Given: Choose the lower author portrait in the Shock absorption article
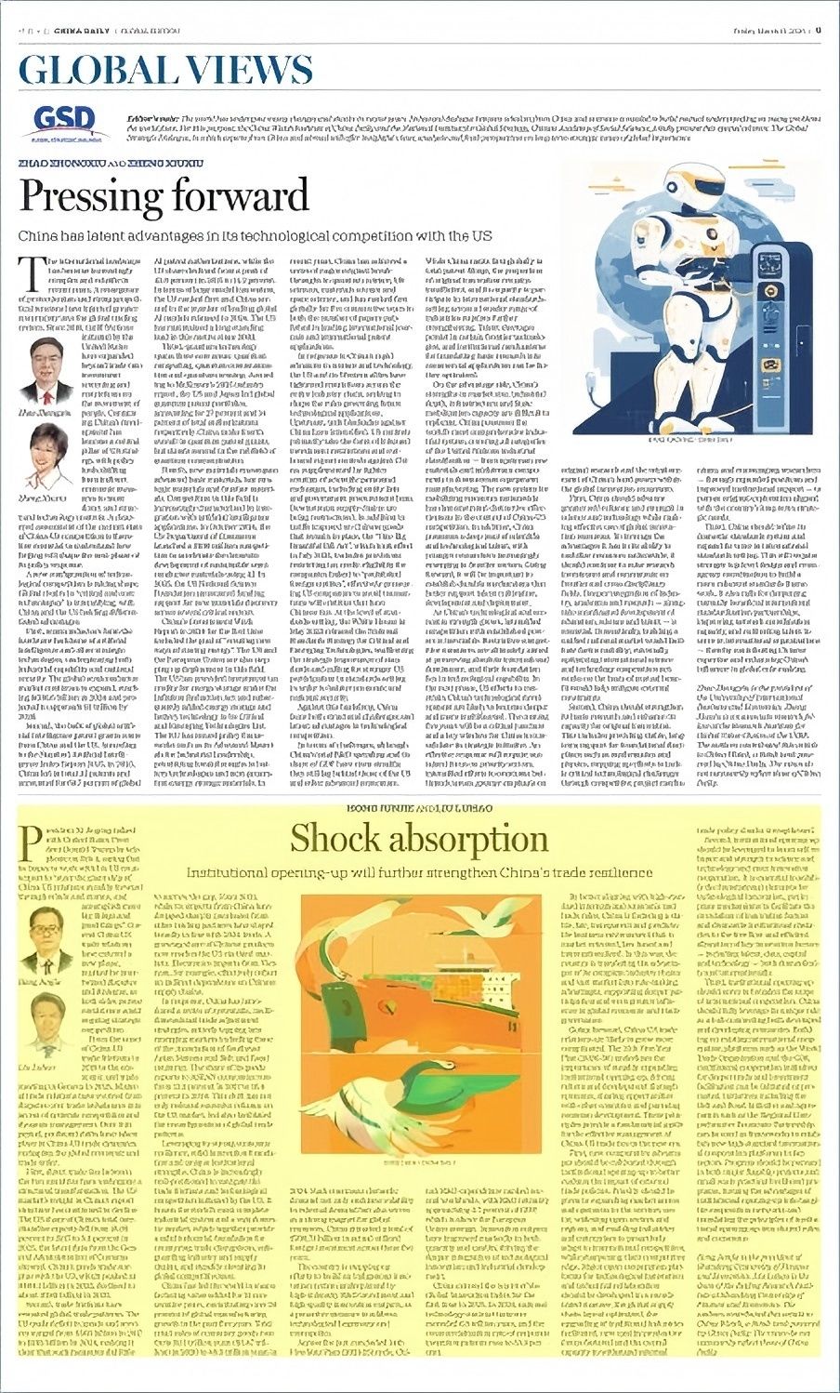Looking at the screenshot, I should [x=48, y=1019].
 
